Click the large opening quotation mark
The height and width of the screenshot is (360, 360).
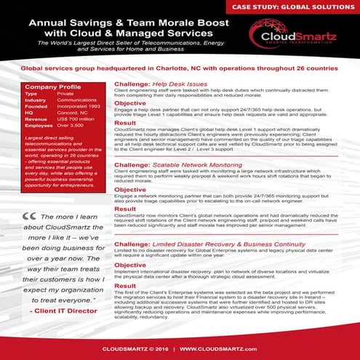click(x=30, y=216)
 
